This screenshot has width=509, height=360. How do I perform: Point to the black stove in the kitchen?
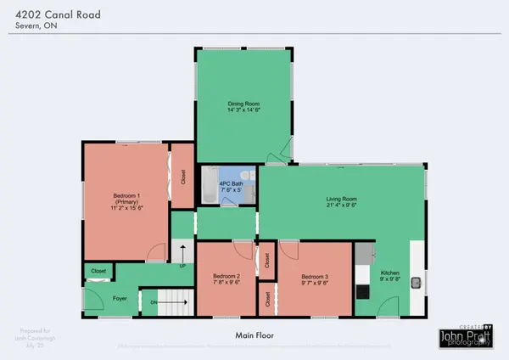click(363, 291)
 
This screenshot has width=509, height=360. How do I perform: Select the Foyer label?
click(120, 299)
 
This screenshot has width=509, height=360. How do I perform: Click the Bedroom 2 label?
click(227, 277)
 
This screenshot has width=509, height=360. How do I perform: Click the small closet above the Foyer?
click(98, 272)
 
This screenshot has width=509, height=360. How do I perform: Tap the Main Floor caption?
click(254, 336)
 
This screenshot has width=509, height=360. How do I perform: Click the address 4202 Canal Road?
click(53, 12)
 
